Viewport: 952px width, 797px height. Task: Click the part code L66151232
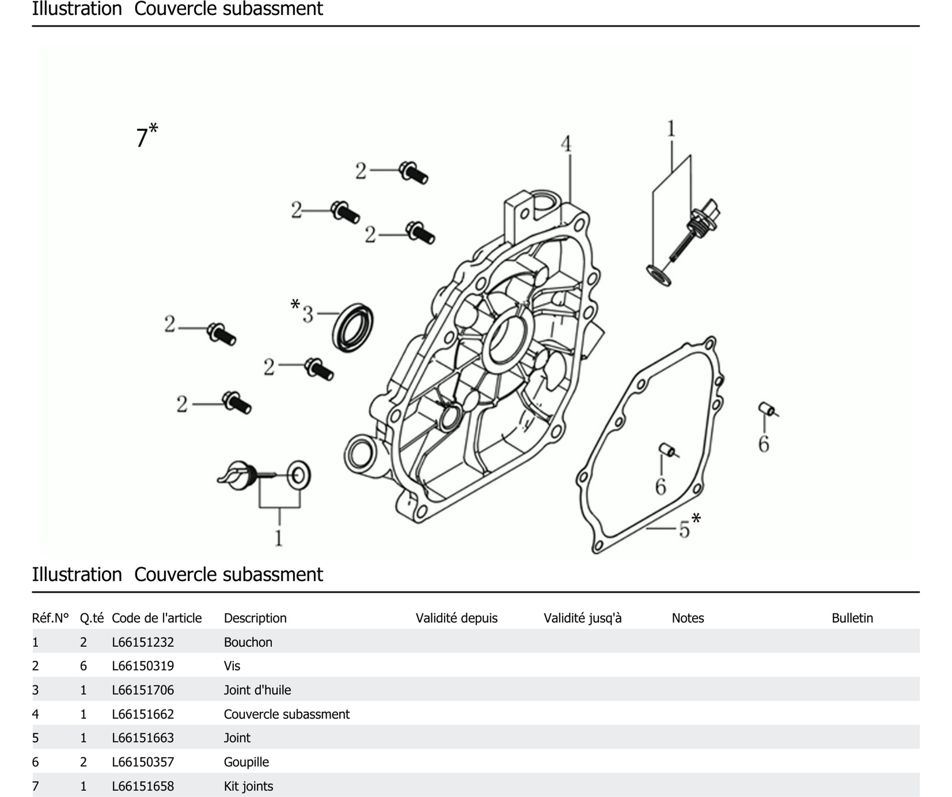pos(143,642)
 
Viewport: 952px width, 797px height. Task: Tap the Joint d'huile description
pos(257,690)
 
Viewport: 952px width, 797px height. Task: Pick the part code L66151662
pos(143,714)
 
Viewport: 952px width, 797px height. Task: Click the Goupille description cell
pos(246,762)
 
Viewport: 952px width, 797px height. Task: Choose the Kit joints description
pos(249,786)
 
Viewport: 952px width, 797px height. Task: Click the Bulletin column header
pos(852,618)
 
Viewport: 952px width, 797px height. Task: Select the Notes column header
pos(687,618)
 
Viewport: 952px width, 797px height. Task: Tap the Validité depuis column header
pos(456,618)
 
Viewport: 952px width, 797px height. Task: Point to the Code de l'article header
pos(156,618)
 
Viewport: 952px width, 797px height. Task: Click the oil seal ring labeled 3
pos(353,328)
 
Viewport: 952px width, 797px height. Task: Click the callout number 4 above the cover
pos(566,144)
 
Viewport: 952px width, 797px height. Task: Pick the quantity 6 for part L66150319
pos(84,666)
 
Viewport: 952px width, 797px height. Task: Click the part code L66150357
pos(143,762)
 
